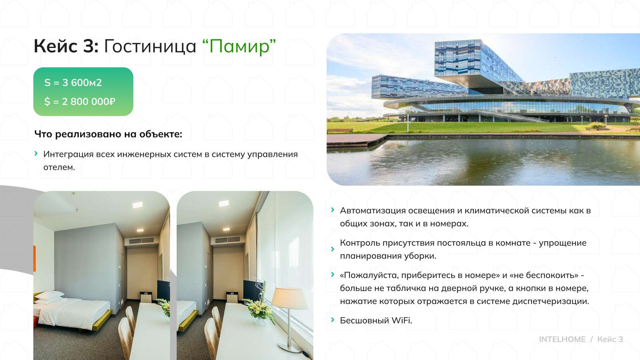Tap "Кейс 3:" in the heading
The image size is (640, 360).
point(66,46)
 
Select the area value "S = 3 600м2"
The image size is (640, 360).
point(73,83)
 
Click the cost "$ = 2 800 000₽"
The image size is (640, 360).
point(80,102)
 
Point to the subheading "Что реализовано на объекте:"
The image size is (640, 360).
point(108,134)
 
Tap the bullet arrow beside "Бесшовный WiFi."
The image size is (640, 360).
point(332,320)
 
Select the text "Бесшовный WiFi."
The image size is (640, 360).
point(376,320)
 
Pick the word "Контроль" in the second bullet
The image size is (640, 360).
point(360,243)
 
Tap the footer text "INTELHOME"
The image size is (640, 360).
point(562,339)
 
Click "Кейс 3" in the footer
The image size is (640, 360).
point(610,339)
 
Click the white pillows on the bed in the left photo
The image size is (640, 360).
point(49,296)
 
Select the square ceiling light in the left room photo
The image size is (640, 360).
point(137,205)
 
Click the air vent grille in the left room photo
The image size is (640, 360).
point(139,240)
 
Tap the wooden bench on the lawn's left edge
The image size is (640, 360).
point(340,130)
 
